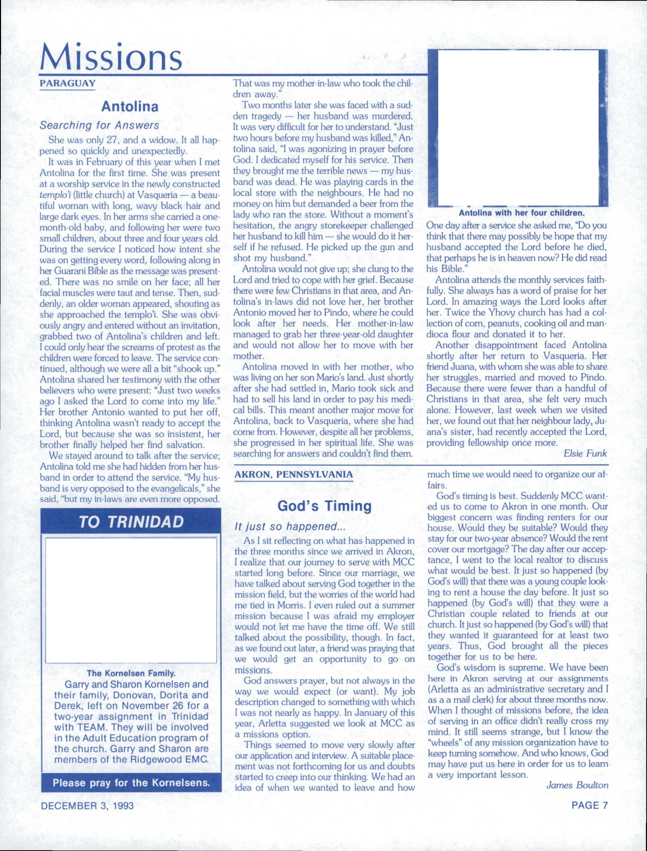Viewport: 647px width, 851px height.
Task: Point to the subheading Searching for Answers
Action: click(x=99, y=126)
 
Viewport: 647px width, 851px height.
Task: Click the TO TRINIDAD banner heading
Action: click(x=131, y=522)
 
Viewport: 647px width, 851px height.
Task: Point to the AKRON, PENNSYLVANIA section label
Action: click(x=293, y=475)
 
